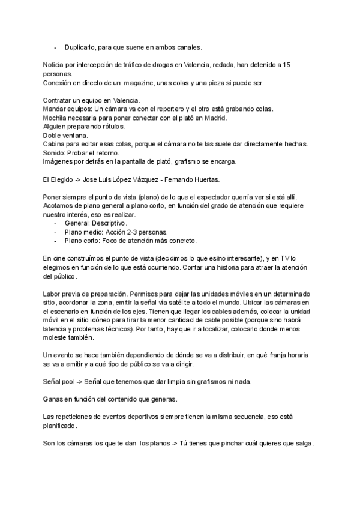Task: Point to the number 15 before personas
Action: click(288, 64)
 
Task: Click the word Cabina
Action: click(55, 144)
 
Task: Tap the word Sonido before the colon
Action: click(55, 152)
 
